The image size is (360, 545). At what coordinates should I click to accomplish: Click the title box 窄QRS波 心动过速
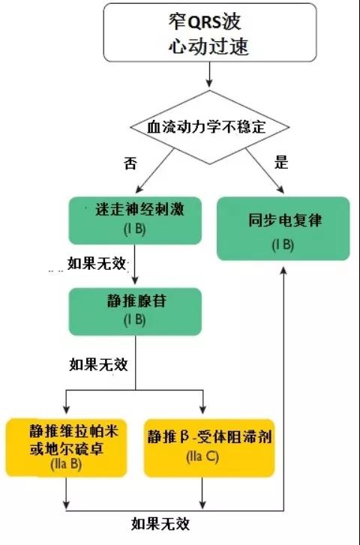tap(210, 32)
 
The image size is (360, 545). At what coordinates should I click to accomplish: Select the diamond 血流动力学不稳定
tap(210, 127)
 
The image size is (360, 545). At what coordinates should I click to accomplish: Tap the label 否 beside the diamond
tap(130, 163)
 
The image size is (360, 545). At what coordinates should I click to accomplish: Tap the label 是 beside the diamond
tap(281, 163)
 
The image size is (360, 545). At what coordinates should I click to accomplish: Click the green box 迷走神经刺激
tap(135, 220)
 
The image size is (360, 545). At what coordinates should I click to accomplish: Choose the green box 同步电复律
tap(283, 229)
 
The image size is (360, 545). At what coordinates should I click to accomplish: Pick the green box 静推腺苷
tap(135, 311)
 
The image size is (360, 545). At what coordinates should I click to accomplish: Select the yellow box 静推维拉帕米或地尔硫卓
tap(66, 448)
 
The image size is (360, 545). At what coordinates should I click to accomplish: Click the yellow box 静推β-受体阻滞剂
tap(209, 448)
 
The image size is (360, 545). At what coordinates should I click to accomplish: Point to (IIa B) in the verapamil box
tap(66, 465)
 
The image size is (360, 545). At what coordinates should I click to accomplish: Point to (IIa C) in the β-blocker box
tap(202, 457)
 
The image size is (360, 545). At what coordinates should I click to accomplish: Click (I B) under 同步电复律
tap(283, 245)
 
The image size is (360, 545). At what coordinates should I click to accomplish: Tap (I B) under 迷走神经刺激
tap(134, 229)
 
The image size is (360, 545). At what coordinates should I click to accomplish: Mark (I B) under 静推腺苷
tap(134, 320)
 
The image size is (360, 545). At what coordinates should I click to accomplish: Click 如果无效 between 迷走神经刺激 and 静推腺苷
tap(96, 263)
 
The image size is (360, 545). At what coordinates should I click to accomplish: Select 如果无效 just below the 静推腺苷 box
tap(98, 364)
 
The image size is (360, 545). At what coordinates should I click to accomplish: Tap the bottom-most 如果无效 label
tap(160, 524)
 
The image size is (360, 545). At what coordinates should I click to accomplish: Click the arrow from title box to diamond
tap(209, 74)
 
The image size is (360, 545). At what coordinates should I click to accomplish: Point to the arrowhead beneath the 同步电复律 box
tap(283, 271)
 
